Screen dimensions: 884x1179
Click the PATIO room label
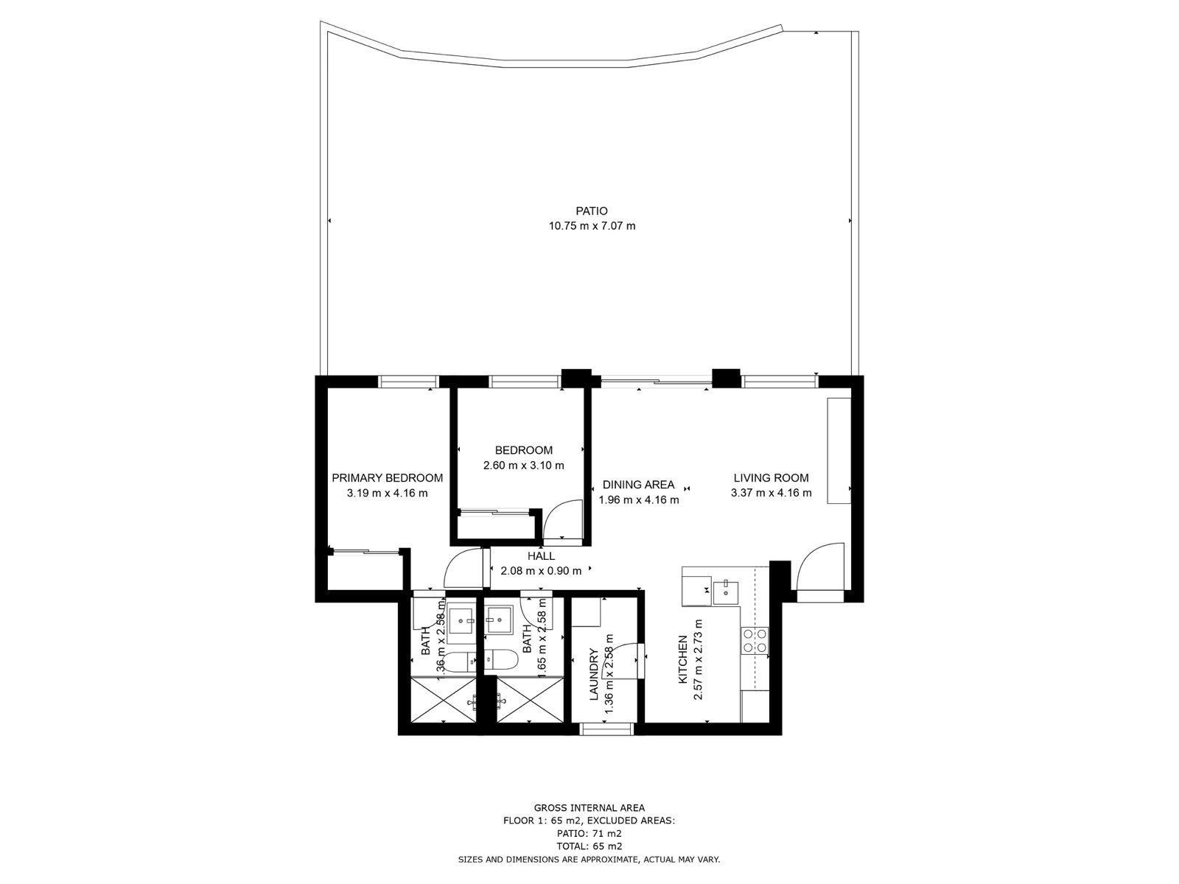click(x=592, y=211)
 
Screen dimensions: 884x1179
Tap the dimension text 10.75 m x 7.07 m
click(x=592, y=226)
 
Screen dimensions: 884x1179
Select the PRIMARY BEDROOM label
click(x=387, y=478)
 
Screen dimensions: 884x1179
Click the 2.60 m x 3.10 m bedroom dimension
click(x=523, y=466)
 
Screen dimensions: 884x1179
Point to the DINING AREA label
click(x=638, y=485)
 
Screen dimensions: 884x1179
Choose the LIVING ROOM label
click(x=771, y=478)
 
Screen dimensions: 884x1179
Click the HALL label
click(x=541, y=556)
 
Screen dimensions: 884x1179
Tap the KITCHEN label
click(x=683, y=659)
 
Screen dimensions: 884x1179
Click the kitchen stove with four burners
click(x=755, y=640)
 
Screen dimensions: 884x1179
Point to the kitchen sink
click(x=726, y=589)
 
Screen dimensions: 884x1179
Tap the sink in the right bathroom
click(x=500, y=620)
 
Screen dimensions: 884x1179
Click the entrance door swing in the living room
click(x=819, y=567)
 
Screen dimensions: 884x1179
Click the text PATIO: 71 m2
click(x=589, y=833)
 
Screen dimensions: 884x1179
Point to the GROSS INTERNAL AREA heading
click(x=589, y=808)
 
